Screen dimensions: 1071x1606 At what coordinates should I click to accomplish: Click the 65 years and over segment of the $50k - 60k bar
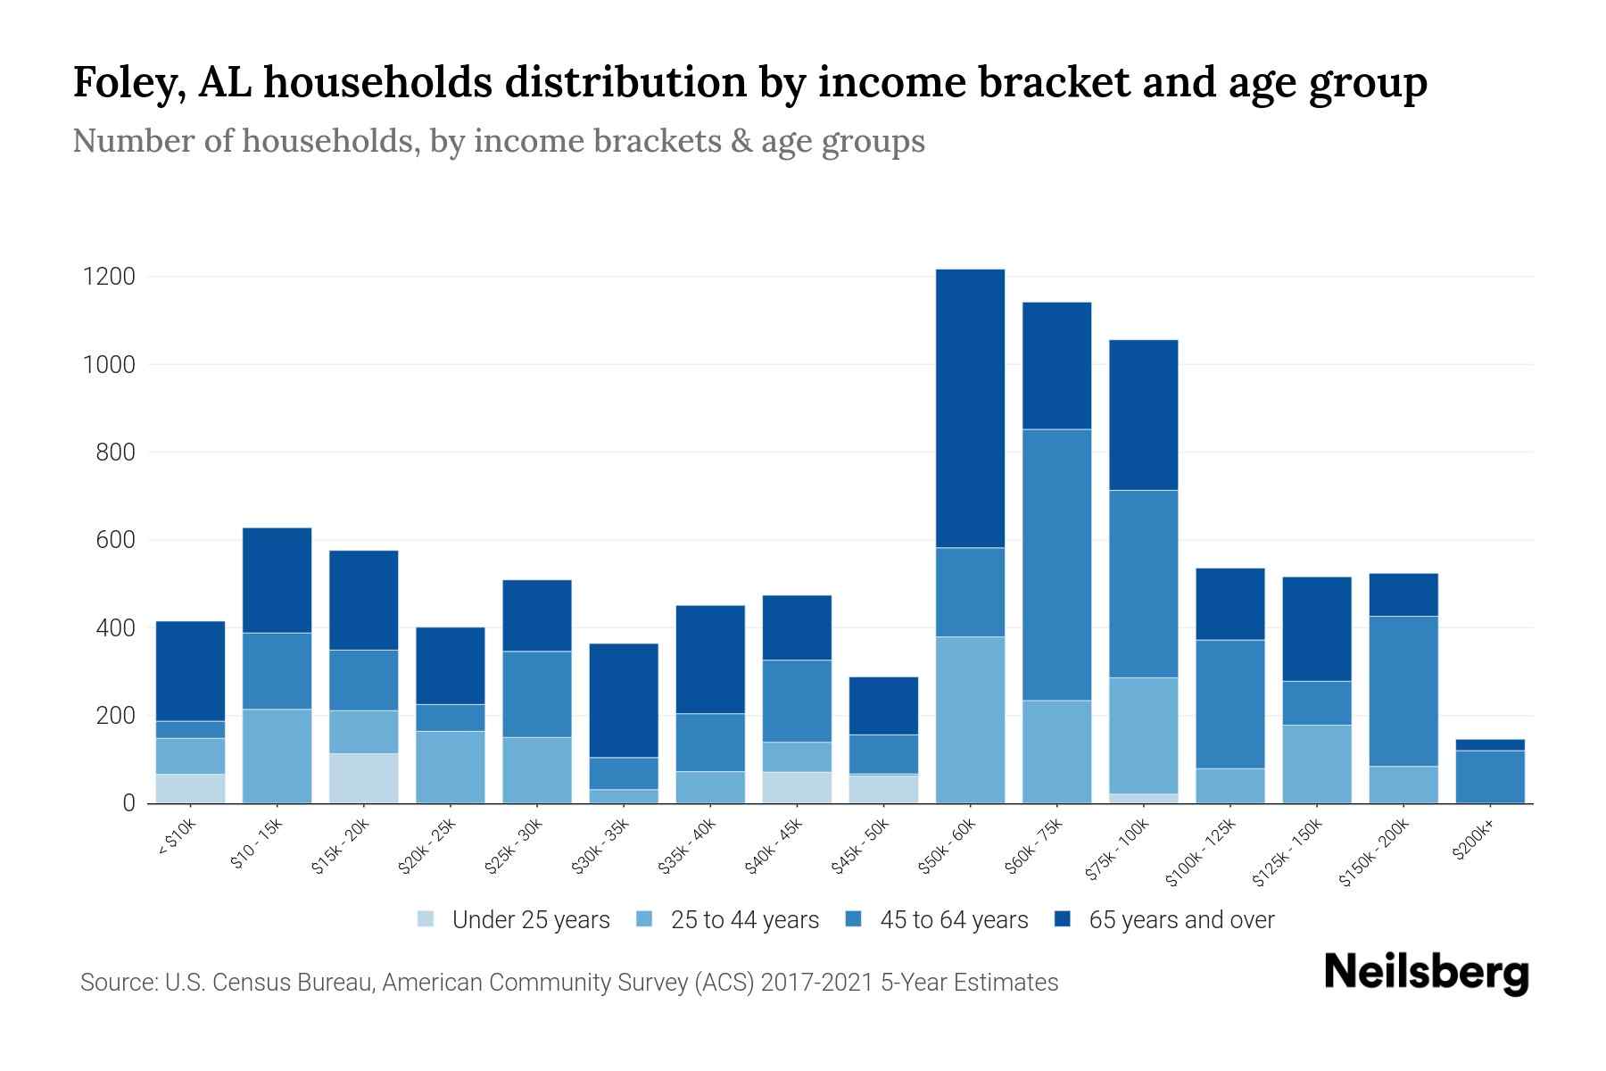coord(970,408)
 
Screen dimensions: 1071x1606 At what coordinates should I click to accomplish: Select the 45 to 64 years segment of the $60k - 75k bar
coord(1056,564)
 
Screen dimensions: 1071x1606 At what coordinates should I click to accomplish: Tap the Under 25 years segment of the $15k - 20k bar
coord(364,778)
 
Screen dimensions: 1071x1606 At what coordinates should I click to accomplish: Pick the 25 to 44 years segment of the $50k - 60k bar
coord(970,719)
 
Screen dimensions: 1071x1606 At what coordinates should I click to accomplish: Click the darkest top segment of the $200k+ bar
coord(1490,744)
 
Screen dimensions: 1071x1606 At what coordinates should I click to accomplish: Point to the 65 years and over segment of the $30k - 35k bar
coord(624,700)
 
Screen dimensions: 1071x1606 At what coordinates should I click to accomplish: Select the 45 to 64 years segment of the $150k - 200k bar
coord(1403,691)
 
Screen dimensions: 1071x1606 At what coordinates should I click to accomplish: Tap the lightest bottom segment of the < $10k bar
coord(190,788)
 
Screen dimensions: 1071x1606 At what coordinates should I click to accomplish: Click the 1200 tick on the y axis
coord(109,277)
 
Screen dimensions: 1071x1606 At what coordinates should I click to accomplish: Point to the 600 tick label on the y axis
coord(109,540)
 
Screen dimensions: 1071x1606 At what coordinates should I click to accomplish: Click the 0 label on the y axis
coord(128,803)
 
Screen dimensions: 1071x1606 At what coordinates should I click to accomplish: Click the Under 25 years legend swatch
coord(426,919)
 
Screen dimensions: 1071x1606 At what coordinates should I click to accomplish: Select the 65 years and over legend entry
coord(1180,919)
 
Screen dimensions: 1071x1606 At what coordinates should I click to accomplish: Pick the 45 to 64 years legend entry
coord(953,919)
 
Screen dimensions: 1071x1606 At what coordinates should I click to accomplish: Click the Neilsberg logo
coord(1426,973)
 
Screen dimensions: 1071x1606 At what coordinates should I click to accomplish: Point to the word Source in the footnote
coord(115,983)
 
